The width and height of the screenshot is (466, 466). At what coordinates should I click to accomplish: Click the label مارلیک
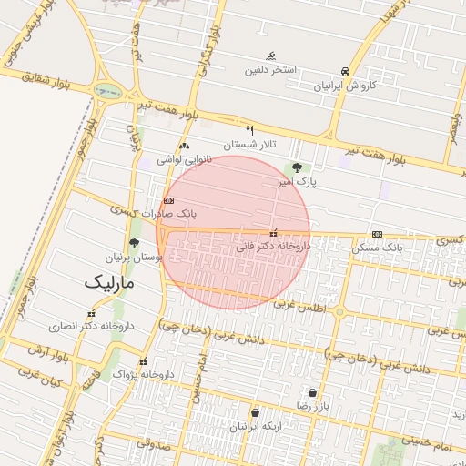pyautogui.click(x=108, y=282)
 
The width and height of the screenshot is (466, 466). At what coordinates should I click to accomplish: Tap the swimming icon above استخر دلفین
pyautogui.click(x=270, y=56)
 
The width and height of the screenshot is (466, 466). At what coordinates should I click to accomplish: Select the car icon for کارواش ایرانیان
pyautogui.click(x=345, y=71)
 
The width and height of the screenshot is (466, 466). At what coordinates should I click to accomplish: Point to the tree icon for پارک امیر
pyautogui.click(x=296, y=167)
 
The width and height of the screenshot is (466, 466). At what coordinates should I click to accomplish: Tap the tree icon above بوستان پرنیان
pyautogui.click(x=135, y=243)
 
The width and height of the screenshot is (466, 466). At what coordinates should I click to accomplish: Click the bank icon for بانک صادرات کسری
pyautogui.click(x=168, y=200)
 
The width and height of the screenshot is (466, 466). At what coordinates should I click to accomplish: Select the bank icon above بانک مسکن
pyautogui.click(x=377, y=234)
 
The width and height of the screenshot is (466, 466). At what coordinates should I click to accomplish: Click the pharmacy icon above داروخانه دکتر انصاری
pyautogui.click(x=91, y=314)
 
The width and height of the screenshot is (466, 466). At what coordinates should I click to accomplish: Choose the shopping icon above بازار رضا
pyautogui.click(x=313, y=392)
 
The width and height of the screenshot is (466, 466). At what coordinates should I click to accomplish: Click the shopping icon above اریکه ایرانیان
pyautogui.click(x=255, y=413)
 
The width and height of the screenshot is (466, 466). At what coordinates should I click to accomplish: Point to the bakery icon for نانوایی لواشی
pyautogui.click(x=185, y=146)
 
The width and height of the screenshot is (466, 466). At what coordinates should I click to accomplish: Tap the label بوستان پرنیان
pyautogui.click(x=134, y=258)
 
